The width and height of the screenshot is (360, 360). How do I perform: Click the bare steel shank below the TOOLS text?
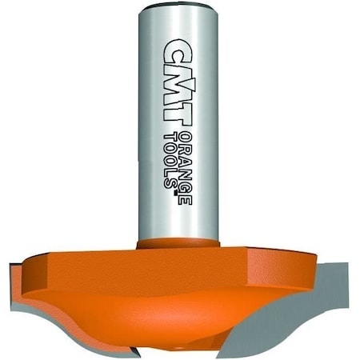pyautogui.click(x=178, y=212)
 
